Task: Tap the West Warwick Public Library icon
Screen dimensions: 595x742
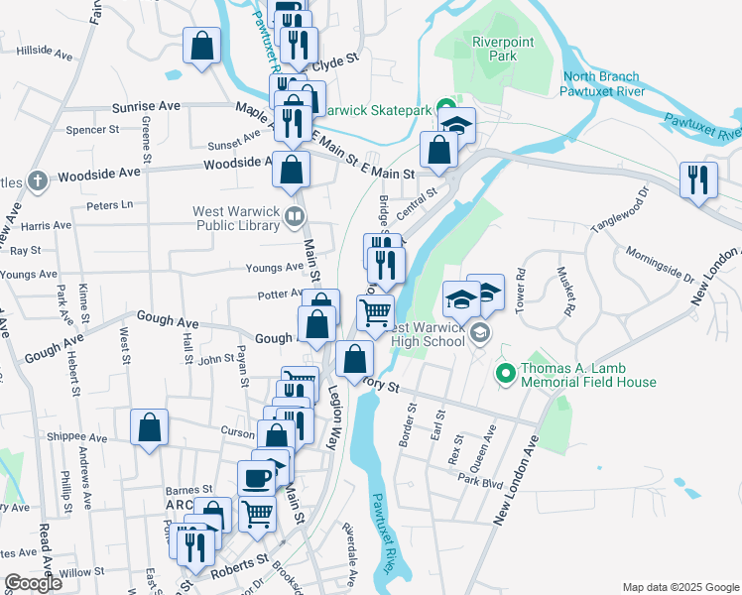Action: [x=294, y=215]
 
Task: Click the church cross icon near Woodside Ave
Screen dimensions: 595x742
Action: [x=37, y=181]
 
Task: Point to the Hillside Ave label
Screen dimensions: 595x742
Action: [x=39, y=49]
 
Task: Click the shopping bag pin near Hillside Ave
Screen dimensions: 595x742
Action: [x=201, y=46]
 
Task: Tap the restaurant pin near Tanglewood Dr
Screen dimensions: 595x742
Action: [x=699, y=179]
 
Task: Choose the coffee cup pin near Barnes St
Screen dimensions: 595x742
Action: [x=257, y=478]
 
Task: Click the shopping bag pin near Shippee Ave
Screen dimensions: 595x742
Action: [x=149, y=428]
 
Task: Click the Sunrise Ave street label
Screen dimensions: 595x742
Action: [x=146, y=105]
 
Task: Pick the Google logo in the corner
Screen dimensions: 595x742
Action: [x=34, y=583]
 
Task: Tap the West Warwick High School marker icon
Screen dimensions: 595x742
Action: [x=480, y=332]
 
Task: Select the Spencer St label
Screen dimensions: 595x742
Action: [x=91, y=129]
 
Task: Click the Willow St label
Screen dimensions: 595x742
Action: [x=80, y=572]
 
